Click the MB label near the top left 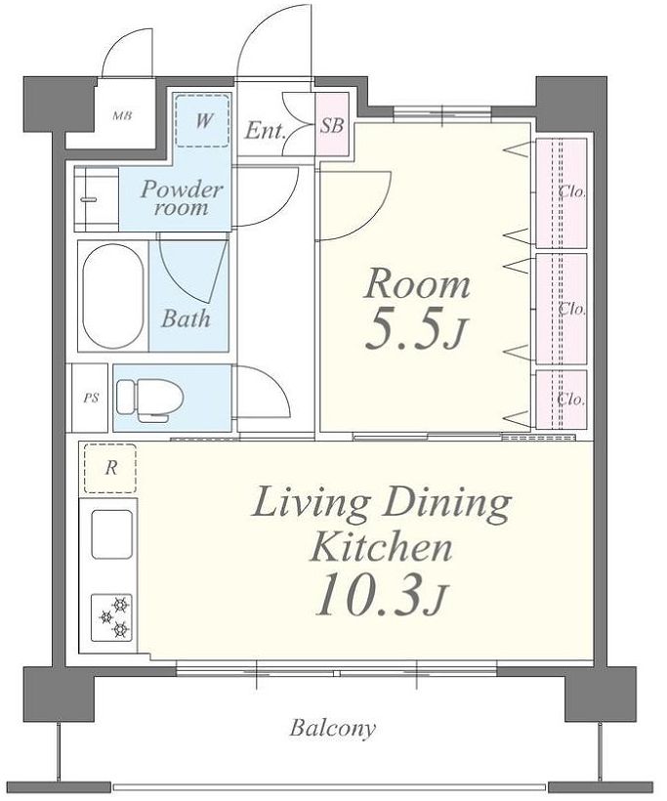point(122,116)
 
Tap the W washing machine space point(202,120)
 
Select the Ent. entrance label point(265,131)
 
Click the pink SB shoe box point(332,124)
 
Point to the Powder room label point(182,198)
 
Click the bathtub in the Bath point(113,296)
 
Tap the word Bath point(186,318)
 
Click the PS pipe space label point(92,398)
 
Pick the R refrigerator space point(110,469)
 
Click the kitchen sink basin point(112,533)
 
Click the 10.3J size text point(381,595)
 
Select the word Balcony point(332,728)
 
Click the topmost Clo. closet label point(572,192)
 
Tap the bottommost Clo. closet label point(572,399)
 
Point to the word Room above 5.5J point(416,283)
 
